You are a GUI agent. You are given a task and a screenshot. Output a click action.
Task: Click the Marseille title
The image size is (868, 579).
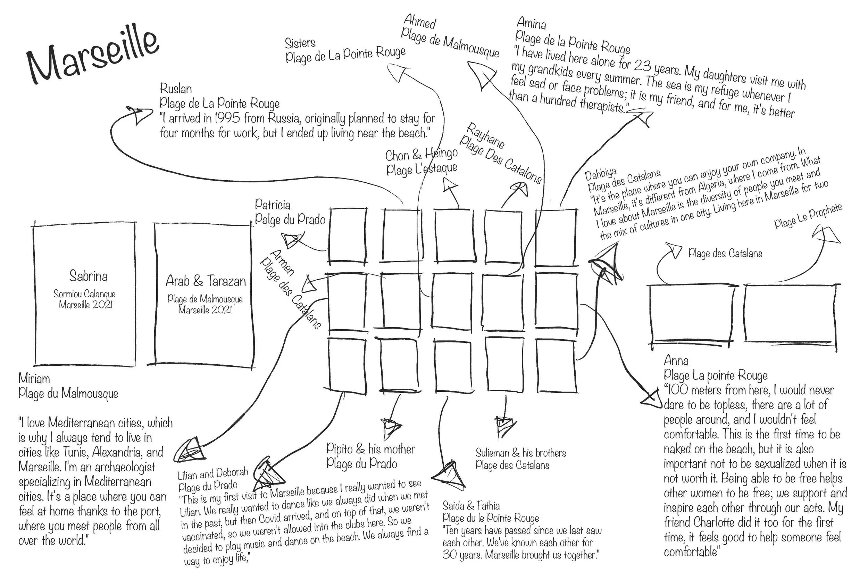tap(92, 55)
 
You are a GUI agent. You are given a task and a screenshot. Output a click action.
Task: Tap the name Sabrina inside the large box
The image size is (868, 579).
tap(89, 276)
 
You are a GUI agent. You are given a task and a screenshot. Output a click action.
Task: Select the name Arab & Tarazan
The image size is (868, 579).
tap(206, 281)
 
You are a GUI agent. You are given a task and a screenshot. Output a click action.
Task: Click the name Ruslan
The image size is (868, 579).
tap(176, 89)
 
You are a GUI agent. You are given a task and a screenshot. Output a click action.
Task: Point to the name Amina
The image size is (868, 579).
tap(531, 23)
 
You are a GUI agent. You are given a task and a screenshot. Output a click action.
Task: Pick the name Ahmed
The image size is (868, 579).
tap(420, 22)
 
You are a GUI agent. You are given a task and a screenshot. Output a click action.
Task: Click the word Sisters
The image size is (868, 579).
tap(300, 43)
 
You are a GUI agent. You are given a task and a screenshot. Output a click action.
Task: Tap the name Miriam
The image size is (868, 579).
tap(34, 379)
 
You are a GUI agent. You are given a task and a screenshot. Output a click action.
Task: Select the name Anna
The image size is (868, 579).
tap(676, 361)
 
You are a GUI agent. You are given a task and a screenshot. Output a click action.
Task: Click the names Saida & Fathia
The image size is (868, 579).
tap(471, 505)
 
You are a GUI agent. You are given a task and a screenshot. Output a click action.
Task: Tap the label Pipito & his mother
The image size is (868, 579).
tap(370, 449)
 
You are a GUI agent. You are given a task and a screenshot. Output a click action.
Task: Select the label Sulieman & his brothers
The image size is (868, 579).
tap(520, 453)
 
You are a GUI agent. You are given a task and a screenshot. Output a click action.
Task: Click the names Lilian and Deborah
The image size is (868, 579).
tap(212, 473)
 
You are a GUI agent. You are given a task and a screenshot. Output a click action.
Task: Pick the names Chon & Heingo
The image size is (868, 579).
tap(422, 154)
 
